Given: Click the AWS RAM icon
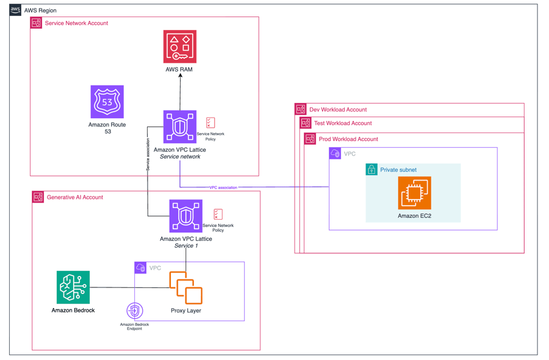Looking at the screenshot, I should tap(180, 47).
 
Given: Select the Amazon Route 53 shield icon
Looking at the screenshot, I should tap(107, 102).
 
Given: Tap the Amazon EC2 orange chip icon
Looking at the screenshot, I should tap(414, 193).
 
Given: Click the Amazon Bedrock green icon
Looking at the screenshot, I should tap(73, 287).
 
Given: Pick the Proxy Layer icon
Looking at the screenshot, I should tap(186, 288).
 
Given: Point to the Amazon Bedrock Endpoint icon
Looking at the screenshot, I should tap(134, 311).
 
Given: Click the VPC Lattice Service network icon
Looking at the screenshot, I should tap(180, 127).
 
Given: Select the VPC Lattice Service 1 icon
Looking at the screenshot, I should tap(186, 216).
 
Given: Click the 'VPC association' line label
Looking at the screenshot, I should tap(223, 187).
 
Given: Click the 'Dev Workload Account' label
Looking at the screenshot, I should tap(338, 110).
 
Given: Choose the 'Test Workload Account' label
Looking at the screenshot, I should tap(343, 123).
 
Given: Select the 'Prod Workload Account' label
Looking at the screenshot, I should tap(348, 139).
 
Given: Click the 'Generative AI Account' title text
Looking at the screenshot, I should tap(75, 197).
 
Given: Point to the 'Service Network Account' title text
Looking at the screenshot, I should tap(76, 23).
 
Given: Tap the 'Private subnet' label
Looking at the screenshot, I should tap(398, 170).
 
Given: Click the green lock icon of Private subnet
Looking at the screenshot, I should tap(371, 170).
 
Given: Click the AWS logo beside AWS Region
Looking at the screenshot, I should tap(15, 10).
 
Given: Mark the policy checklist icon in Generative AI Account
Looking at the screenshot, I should tap(218, 214).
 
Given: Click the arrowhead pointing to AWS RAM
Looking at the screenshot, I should tap(180, 76).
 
